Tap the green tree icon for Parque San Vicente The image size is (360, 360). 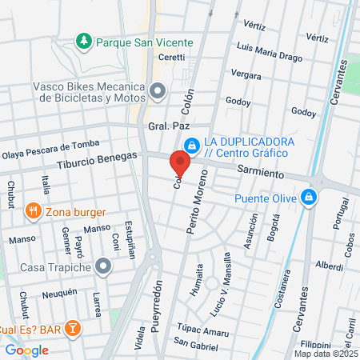click(82, 40)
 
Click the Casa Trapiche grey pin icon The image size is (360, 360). click(102, 266)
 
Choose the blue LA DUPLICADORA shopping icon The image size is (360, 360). click(191, 146)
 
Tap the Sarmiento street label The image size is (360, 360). click(260, 172)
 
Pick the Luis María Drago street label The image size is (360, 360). click(265, 49)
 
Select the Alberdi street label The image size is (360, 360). click(329, 264)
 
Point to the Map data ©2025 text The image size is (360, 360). click(326, 353)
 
